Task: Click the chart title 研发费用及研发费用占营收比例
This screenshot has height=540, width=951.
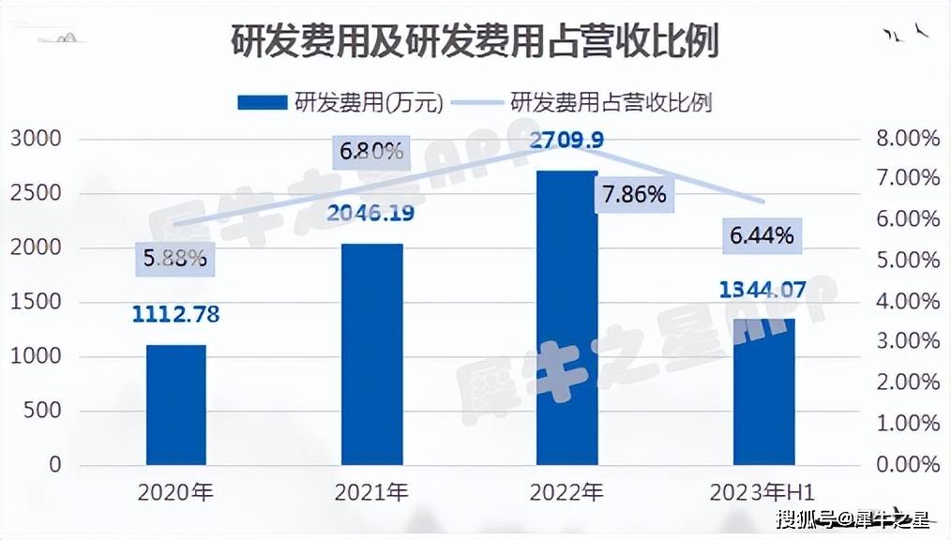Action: click(x=475, y=42)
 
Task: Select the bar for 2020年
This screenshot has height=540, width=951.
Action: click(x=176, y=404)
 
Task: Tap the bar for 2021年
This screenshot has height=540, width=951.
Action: click(x=372, y=354)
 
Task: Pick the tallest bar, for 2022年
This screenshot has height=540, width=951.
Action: click(x=567, y=318)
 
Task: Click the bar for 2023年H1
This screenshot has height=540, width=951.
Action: click(x=763, y=392)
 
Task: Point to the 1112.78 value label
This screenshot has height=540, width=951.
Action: click(x=176, y=315)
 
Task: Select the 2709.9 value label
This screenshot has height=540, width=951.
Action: click(x=566, y=142)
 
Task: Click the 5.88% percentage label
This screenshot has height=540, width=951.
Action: click(x=175, y=258)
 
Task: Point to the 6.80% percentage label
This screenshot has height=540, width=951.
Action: click(x=371, y=151)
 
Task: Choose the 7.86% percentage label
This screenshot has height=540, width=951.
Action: click(x=635, y=195)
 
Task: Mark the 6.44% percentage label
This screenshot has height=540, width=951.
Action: click(x=762, y=236)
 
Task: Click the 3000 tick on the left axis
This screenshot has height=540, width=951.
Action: click(x=36, y=140)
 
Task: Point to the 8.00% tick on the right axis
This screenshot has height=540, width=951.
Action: click(x=908, y=140)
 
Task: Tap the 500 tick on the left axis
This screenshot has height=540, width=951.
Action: click(x=42, y=411)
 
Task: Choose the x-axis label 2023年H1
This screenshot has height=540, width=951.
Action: click(x=769, y=491)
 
